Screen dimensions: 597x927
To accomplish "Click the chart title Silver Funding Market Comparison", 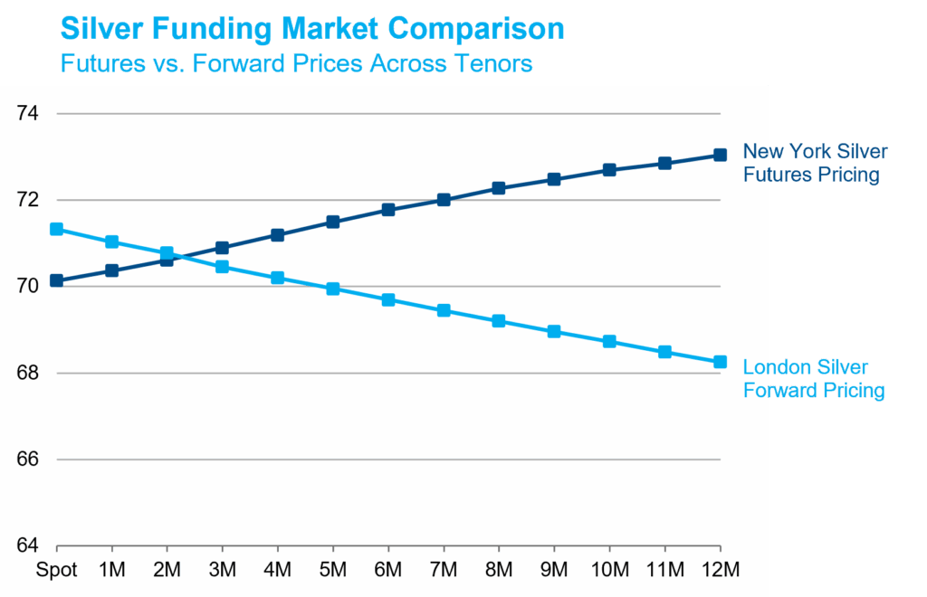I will (312, 28).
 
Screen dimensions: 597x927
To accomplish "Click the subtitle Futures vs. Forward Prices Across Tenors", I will (296, 64).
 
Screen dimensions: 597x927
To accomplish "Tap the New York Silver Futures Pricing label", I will (814, 163).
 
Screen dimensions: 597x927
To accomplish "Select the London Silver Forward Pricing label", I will (812, 379).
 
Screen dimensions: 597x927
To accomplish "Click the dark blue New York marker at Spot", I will (56, 280).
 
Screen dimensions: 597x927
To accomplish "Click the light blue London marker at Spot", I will (56, 229).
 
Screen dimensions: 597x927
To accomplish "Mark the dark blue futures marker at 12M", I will (720, 155).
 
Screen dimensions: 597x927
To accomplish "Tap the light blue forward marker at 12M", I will (720, 362).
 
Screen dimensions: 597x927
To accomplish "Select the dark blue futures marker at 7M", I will (444, 200).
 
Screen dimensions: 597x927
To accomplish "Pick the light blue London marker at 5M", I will (333, 289).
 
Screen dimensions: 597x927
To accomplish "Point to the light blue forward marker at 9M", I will (554, 331).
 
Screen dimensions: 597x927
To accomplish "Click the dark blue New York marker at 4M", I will (278, 235).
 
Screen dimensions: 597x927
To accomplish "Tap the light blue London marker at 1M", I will (111, 242).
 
